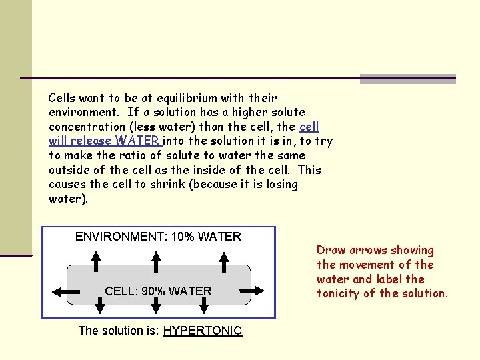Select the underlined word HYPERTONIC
202,331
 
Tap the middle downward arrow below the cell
156,306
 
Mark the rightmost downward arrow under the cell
203,306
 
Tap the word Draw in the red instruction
331,251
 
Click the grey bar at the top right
407,79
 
